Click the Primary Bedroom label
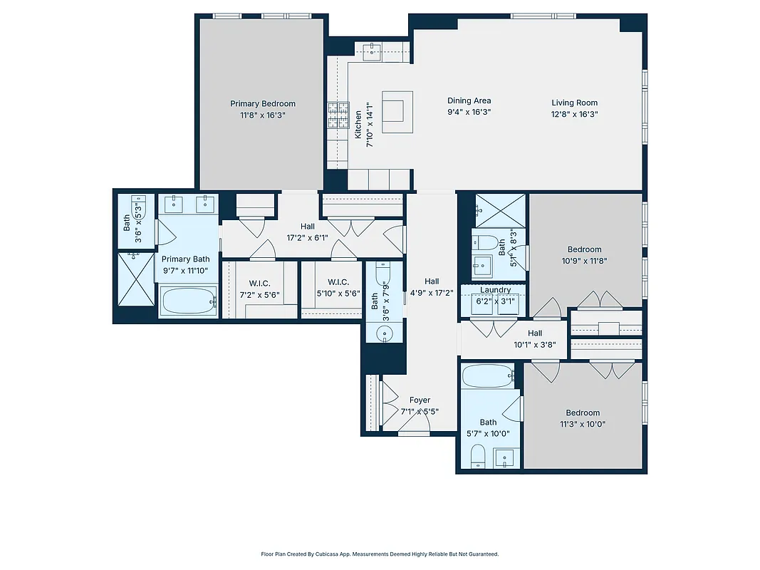(262, 104)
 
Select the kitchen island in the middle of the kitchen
(396, 111)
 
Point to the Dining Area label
(469, 101)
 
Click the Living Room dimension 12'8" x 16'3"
(574, 113)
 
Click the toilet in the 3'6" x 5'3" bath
(140, 207)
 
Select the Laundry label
(495, 290)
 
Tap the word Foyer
(420, 400)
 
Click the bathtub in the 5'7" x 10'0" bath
(487, 375)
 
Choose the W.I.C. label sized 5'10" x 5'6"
(338, 282)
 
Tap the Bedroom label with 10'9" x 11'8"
(584, 249)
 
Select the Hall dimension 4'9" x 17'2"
(432, 291)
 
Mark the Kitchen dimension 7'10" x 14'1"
(370, 125)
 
